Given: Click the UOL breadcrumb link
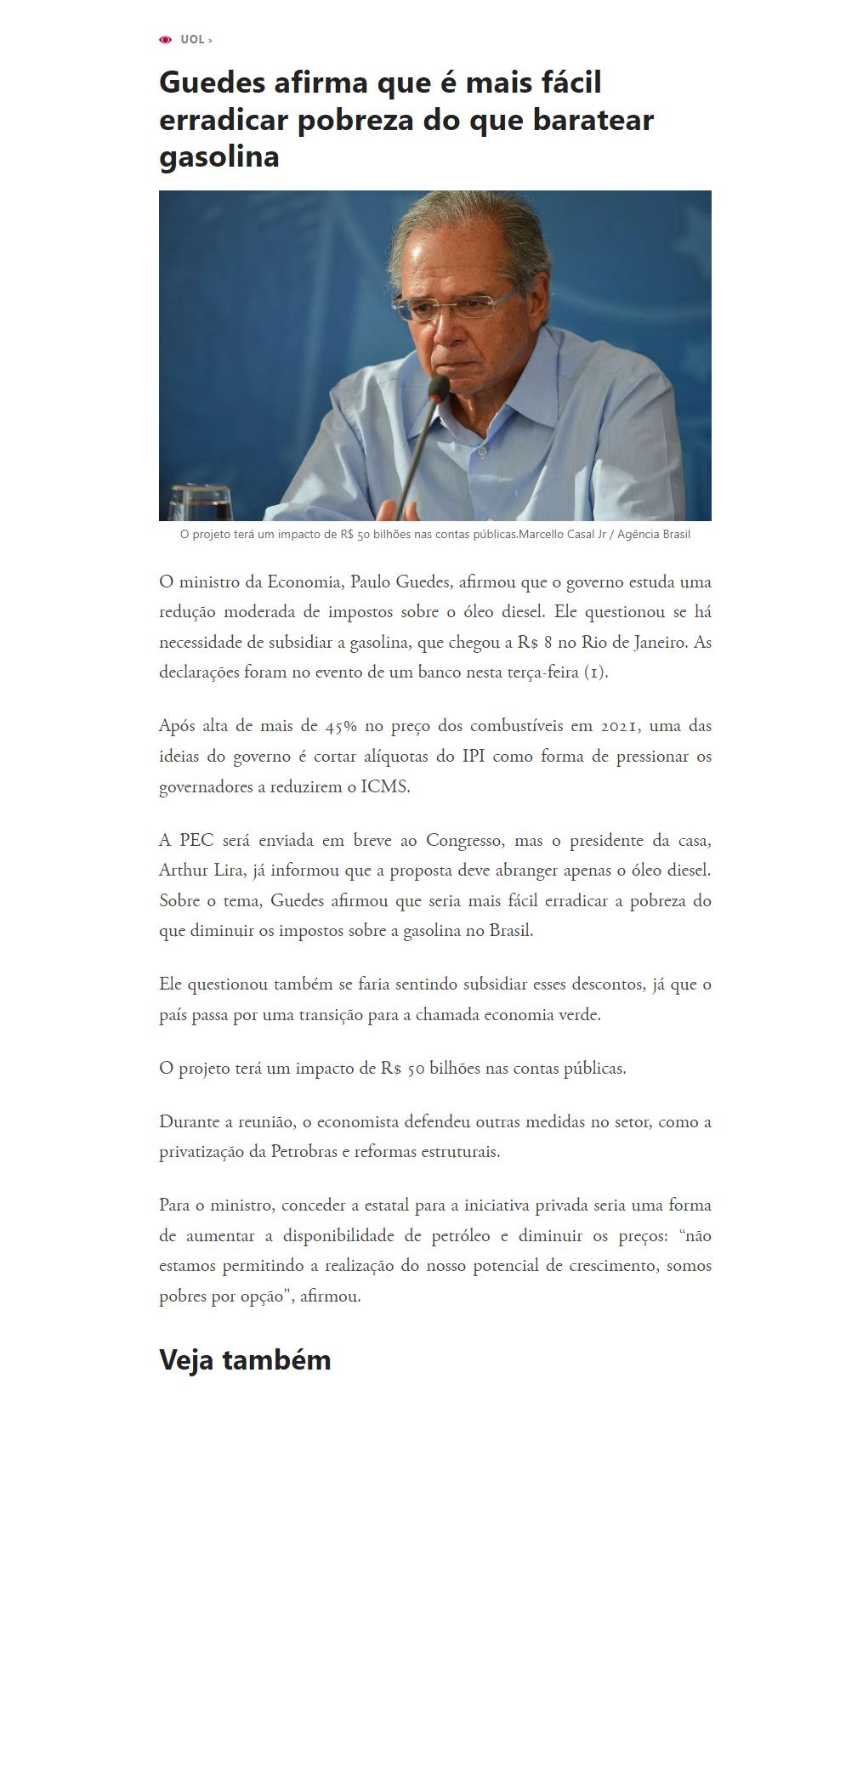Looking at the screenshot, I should click(192, 40).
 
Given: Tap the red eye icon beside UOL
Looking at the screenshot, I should click(166, 40).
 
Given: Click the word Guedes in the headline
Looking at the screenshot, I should click(212, 83).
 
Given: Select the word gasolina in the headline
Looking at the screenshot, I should click(219, 157).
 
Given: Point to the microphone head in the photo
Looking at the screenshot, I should click(439, 389).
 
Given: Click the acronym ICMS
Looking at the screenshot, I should click(384, 787).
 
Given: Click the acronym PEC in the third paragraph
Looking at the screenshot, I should click(196, 841).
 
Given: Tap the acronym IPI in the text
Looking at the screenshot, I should click(474, 757).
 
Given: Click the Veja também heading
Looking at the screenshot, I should click(245, 1359).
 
